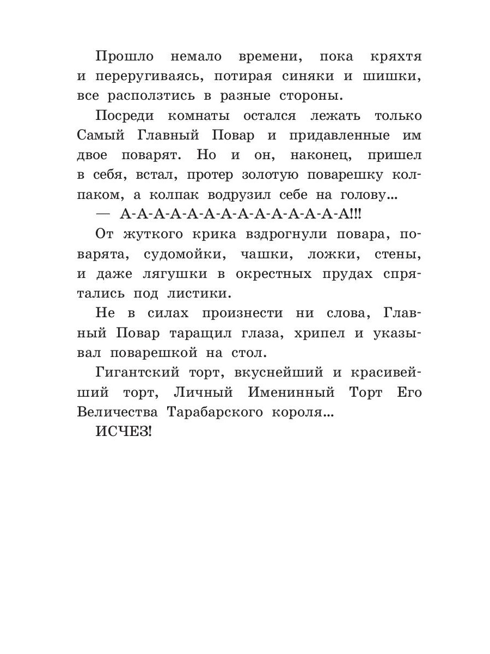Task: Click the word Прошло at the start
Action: tap(124, 57)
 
